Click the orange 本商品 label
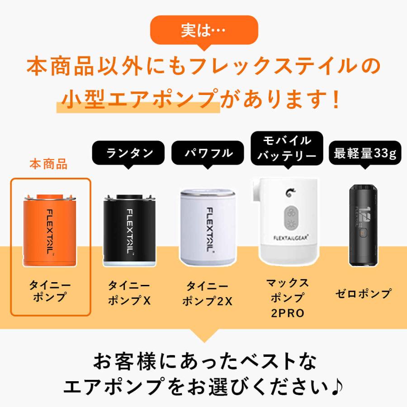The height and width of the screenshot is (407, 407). (x=48, y=164)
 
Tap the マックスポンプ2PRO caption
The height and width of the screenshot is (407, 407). (x=288, y=298)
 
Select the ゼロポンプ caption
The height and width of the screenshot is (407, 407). (x=364, y=293)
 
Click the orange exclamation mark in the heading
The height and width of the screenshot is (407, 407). (x=335, y=99)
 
